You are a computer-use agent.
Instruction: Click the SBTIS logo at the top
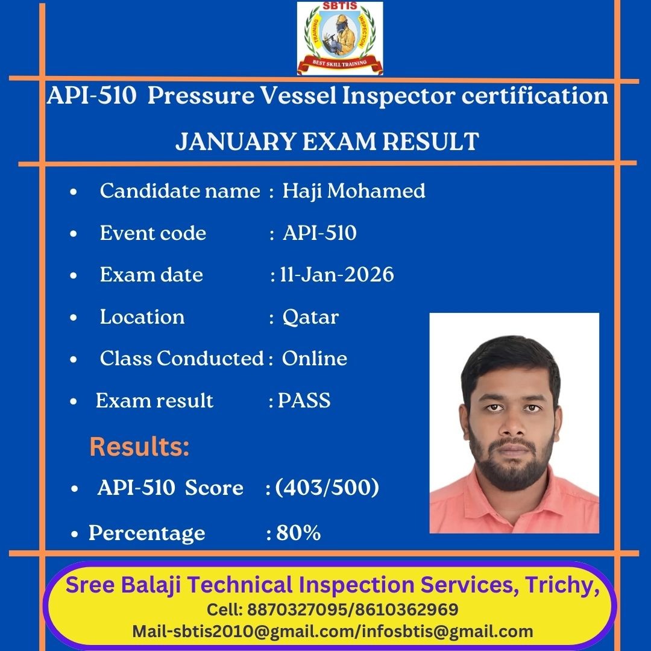pyautogui.click(x=339, y=38)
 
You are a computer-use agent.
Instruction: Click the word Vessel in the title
pyautogui.click(x=298, y=95)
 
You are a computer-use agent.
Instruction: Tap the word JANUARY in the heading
pyautogui.click(x=236, y=142)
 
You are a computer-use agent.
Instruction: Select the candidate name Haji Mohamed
pyautogui.click(x=354, y=192)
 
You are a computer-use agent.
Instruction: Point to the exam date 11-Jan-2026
pyautogui.click(x=337, y=274)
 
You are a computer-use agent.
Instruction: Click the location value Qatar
pyautogui.click(x=310, y=318)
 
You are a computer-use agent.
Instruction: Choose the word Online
pyautogui.click(x=314, y=358)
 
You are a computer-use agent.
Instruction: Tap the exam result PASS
pyautogui.click(x=304, y=400)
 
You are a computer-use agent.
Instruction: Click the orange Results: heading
pyautogui.click(x=139, y=447)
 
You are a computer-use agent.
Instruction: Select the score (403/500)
pyautogui.click(x=327, y=487)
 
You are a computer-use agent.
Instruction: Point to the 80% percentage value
pyautogui.click(x=298, y=533)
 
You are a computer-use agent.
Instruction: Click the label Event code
pyautogui.click(x=153, y=233)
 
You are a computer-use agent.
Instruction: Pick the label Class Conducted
pyautogui.click(x=181, y=358)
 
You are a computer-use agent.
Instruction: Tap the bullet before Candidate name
pyautogui.click(x=74, y=192)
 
